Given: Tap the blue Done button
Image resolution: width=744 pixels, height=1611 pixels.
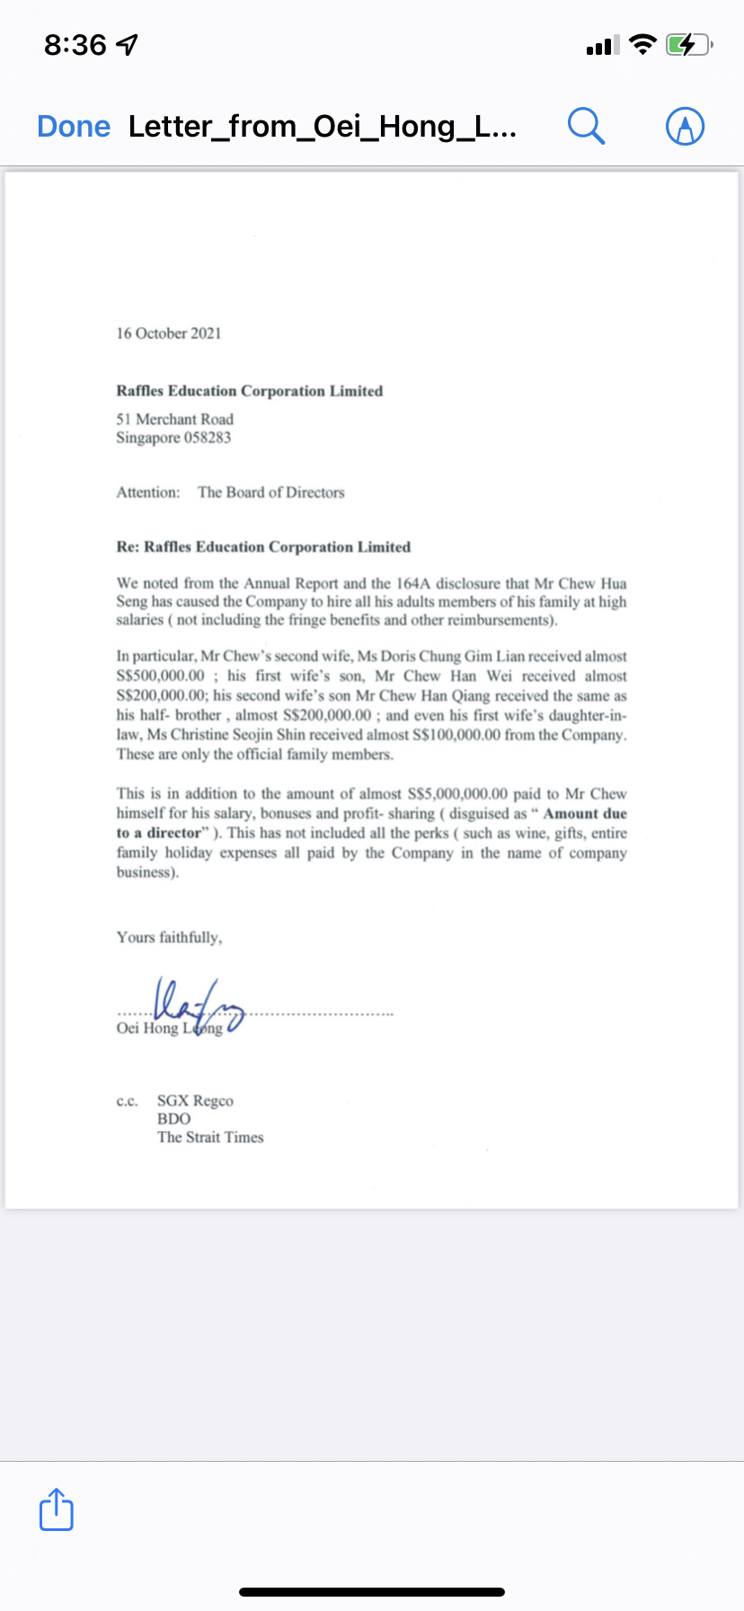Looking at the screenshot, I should pos(74,127).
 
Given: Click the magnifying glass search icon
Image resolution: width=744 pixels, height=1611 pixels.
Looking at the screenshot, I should pos(586,126).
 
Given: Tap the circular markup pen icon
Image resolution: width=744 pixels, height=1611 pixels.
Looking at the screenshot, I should pos(685,126).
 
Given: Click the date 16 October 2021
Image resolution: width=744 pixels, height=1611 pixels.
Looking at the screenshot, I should pos(168,334).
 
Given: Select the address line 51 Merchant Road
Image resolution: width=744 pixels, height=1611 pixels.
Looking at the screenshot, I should pos(174,419).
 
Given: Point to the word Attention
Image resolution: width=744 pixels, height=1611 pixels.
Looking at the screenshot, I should pos(147,493).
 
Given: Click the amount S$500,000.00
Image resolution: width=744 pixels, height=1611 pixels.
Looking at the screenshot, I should pos(160,676).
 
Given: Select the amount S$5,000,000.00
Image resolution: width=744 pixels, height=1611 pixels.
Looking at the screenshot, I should pos(457,794).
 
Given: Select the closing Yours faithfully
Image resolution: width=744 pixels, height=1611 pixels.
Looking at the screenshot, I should pos(169,938).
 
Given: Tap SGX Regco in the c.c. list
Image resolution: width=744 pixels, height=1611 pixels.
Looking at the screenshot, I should pos(195,1101).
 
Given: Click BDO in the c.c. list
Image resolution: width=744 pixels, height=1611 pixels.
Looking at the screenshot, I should pos(173,1119).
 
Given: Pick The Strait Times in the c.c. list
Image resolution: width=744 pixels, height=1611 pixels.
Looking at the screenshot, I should pos(210,1137).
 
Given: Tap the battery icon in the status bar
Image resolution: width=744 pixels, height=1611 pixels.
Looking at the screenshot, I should pos(687,44).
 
